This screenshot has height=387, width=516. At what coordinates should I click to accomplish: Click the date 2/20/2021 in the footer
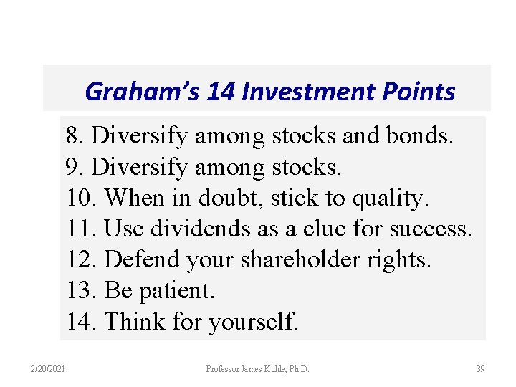click(47, 369)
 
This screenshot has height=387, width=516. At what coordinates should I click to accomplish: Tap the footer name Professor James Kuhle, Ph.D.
click(257, 369)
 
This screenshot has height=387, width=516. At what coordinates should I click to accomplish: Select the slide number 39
click(480, 369)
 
